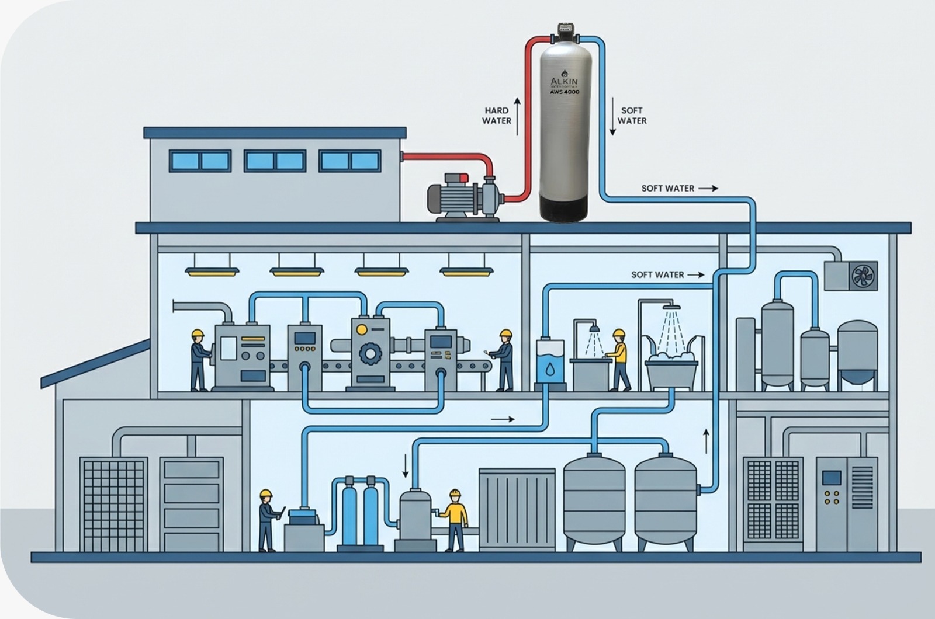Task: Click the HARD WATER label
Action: [497, 116]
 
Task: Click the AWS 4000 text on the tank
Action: [564, 92]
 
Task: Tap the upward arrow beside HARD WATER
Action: [517, 116]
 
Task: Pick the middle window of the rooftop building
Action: [275, 161]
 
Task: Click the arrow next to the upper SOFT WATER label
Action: [708, 189]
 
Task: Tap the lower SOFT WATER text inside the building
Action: [657, 274]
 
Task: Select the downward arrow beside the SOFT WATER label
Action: [612, 116]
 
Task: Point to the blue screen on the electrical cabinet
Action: [831, 478]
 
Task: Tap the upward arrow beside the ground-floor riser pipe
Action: [706, 441]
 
